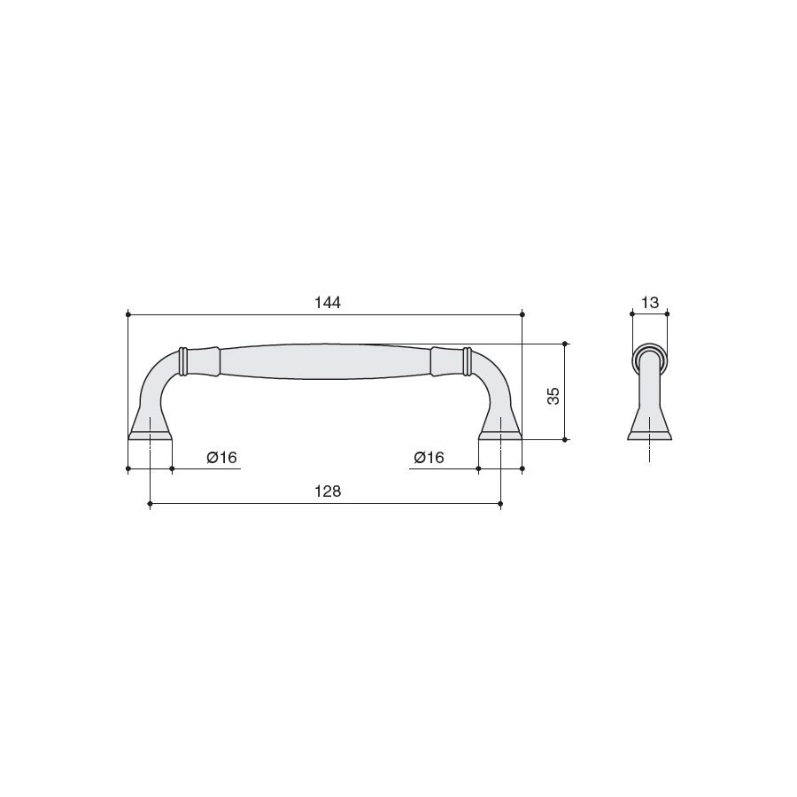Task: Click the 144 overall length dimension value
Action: point(328,303)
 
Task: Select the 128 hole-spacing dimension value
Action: point(328,491)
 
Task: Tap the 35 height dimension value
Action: point(553,396)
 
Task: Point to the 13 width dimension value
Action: point(650,303)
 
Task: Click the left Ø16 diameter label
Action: point(221,458)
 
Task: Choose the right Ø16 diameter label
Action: point(429,458)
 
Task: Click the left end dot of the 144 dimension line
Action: point(128,314)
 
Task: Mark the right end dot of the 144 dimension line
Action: point(522,314)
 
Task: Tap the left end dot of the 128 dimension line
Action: point(150,504)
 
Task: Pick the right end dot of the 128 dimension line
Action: point(500,504)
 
